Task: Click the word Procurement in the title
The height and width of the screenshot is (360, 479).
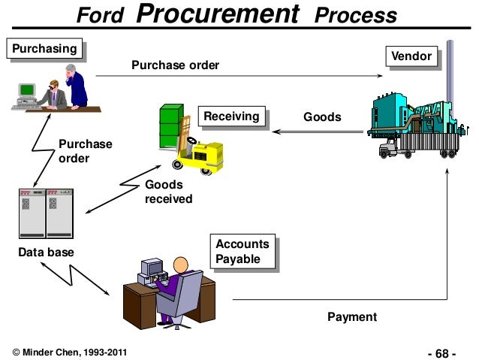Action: click(x=222, y=14)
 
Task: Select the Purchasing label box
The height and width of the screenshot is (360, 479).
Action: click(x=42, y=50)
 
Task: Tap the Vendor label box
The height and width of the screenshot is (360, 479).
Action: click(x=411, y=57)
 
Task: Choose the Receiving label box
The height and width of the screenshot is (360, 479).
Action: click(x=230, y=116)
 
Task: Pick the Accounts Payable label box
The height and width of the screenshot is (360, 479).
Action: click(x=242, y=251)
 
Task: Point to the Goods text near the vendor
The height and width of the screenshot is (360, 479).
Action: click(x=321, y=117)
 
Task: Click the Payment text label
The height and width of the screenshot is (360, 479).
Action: click(x=352, y=317)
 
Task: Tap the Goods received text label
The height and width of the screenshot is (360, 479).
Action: click(x=168, y=192)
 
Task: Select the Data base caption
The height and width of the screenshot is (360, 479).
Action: click(x=46, y=253)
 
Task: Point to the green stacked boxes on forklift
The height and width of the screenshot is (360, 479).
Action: click(x=170, y=125)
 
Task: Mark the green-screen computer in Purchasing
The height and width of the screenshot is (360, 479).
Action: click(x=27, y=90)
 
